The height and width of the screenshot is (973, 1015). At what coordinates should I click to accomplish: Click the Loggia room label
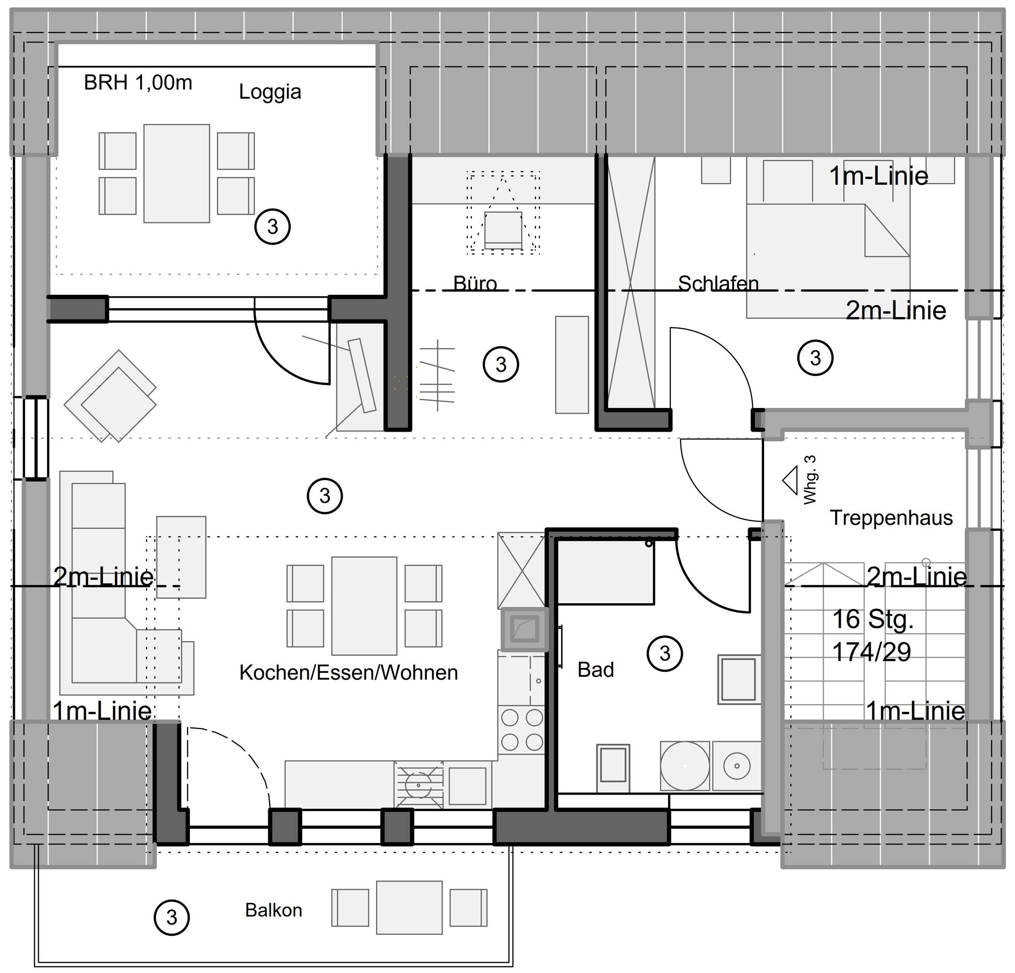(x=270, y=92)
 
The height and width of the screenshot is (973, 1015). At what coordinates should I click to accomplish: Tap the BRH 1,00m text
(x=138, y=82)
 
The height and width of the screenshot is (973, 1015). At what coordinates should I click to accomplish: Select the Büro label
(x=475, y=283)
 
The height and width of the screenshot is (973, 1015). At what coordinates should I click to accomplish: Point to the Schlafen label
(x=718, y=283)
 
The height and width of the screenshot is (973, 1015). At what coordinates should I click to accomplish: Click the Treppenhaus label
(x=891, y=518)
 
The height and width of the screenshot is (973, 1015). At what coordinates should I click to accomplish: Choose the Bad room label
(x=595, y=669)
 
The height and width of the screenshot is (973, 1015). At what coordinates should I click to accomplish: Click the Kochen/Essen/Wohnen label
(x=348, y=673)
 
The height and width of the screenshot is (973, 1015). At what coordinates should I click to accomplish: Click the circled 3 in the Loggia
(x=273, y=226)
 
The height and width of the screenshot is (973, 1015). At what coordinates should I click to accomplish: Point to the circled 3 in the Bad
(x=665, y=654)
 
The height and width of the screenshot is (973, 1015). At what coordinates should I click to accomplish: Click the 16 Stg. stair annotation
(x=872, y=620)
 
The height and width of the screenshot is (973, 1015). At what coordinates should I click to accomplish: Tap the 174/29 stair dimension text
(x=871, y=652)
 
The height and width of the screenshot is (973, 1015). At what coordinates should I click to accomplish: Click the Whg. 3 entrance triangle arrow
(x=790, y=480)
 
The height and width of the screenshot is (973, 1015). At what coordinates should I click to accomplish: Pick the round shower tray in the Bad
(x=684, y=766)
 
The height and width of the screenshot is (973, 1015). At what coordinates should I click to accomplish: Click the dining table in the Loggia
(x=176, y=174)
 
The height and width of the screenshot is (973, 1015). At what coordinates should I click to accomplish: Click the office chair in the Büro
(x=503, y=230)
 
